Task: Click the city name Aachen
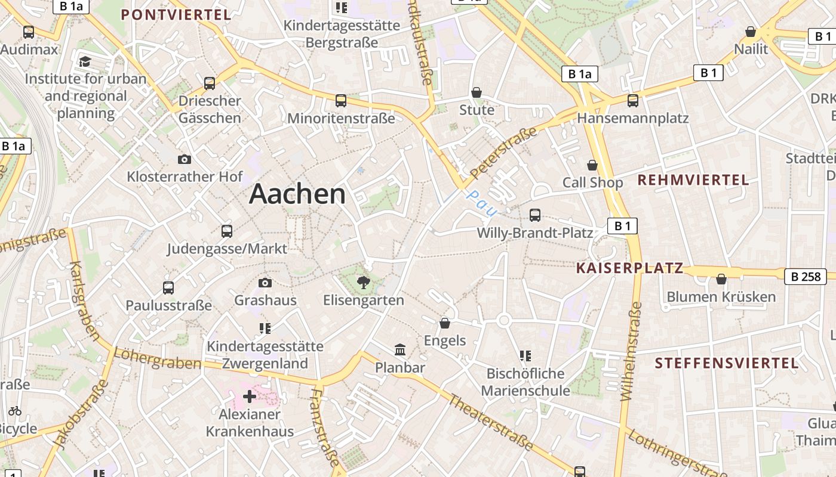pyautogui.click(x=297, y=194)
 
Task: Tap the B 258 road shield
pyautogui.click(x=804, y=276)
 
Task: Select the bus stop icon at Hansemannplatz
pyautogui.click(x=633, y=100)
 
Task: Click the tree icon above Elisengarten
pyautogui.click(x=363, y=282)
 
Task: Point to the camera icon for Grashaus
pyautogui.click(x=265, y=283)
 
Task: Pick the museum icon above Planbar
pyautogui.click(x=400, y=349)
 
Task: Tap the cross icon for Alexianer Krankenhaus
pyautogui.click(x=250, y=397)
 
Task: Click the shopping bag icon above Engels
pyautogui.click(x=445, y=323)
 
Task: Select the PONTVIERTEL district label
pyautogui.click(x=176, y=15)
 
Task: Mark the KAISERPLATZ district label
pyautogui.click(x=629, y=268)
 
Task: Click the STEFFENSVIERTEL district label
pyautogui.click(x=726, y=363)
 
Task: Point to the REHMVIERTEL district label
pyautogui.click(x=693, y=180)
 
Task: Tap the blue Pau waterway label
pyautogui.click(x=481, y=203)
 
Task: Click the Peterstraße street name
pyautogui.click(x=503, y=152)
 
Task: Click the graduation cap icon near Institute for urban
pyautogui.click(x=85, y=61)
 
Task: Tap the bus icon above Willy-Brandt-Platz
pyautogui.click(x=535, y=215)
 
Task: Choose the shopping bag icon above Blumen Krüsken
pyautogui.click(x=721, y=278)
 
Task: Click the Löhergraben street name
pyautogui.click(x=157, y=358)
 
